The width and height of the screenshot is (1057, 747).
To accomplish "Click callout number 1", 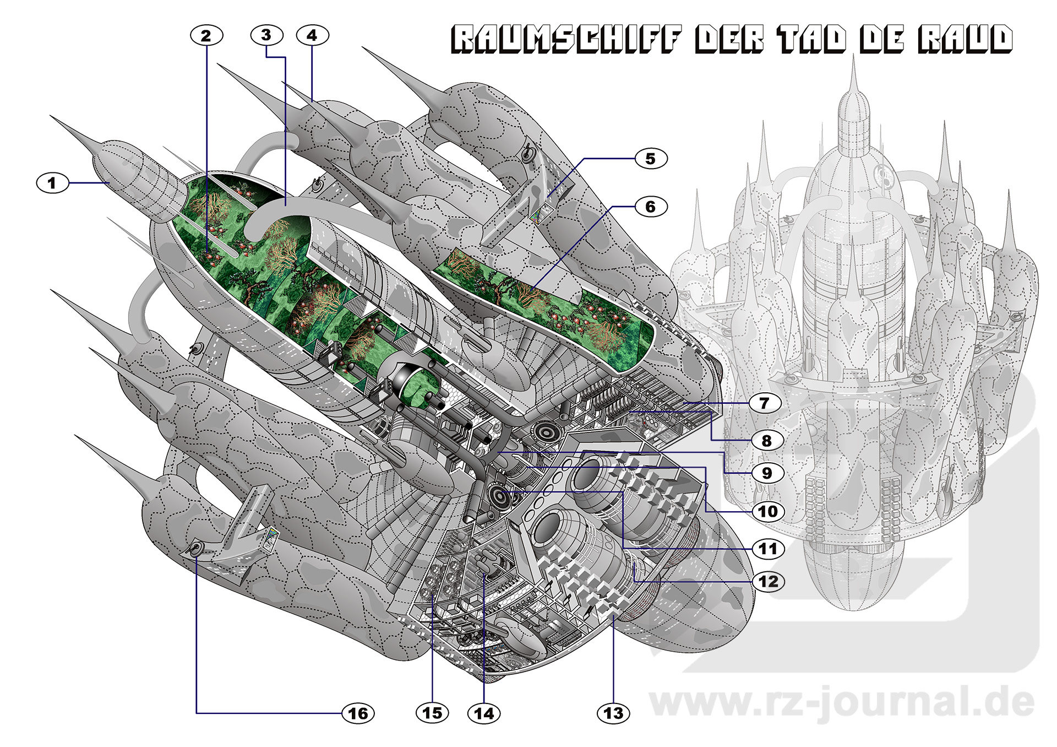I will pyautogui.click(x=52, y=182).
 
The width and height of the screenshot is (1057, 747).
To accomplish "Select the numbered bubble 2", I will pyautogui.click(x=206, y=36).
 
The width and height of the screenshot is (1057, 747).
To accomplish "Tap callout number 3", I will pyautogui.click(x=266, y=35).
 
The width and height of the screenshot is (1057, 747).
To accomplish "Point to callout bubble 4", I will pyautogui.click(x=312, y=36).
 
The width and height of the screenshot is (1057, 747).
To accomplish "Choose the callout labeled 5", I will pyautogui.click(x=651, y=159).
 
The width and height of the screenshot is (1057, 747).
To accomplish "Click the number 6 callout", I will pyautogui.click(x=651, y=207).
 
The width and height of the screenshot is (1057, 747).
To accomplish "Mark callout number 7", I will pyautogui.click(x=764, y=403).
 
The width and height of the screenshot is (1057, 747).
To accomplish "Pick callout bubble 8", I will pyautogui.click(x=767, y=441).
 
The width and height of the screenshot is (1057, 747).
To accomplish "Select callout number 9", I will pyautogui.click(x=767, y=473).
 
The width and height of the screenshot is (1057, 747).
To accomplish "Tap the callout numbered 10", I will pyautogui.click(x=768, y=512).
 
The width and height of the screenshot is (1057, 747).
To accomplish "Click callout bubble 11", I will pyautogui.click(x=768, y=549).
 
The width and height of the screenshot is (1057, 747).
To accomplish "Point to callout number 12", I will pyautogui.click(x=768, y=582).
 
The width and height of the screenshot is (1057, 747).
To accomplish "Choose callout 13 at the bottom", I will pyautogui.click(x=613, y=713).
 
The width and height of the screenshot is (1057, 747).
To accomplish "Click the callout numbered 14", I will pyautogui.click(x=484, y=713).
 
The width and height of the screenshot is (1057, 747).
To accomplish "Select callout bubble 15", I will pyautogui.click(x=432, y=713).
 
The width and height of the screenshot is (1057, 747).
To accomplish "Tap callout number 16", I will pyautogui.click(x=358, y=713).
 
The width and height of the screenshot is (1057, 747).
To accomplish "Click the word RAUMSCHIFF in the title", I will pyautogui.click(x=566, y=40).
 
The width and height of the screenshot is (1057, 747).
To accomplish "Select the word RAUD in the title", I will pyautogui.click(x=965, y=40).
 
